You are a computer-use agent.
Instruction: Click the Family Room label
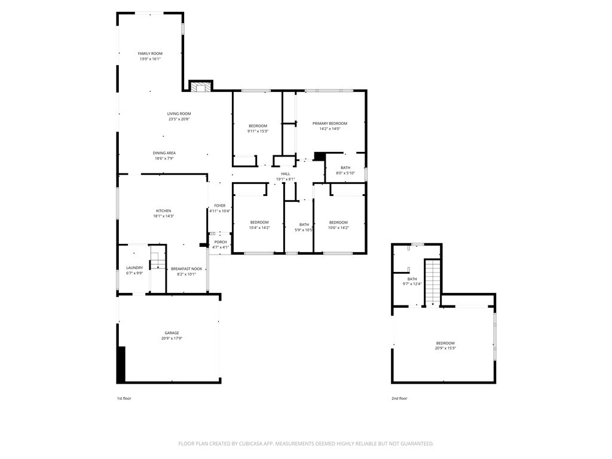click(x=150, y=53)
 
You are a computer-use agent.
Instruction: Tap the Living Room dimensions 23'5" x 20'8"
click(x=179, y=119)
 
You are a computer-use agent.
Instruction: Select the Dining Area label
click(x=164, y=153)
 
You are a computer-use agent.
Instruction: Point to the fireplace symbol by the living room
click(x=201, y=86)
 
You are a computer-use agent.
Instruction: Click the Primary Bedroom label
click(x=330, y=123)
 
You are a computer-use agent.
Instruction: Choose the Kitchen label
click(x=164, y=211)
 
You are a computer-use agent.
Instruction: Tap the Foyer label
click(x=220, y=206)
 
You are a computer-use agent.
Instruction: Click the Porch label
click(x=221, y=242)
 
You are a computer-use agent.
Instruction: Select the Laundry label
click(x=134, y=268)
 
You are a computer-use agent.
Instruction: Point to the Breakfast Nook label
click(x=186, y=269)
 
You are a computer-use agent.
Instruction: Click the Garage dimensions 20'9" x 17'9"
click(x=172, y=338)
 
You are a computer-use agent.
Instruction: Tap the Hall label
click(x=286, y=174)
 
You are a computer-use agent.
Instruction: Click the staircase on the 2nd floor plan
click(x=432, y=282)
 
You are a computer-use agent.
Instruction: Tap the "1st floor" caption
click(x=124, y=399)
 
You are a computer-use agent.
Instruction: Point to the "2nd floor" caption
click(x=399, y=399)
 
